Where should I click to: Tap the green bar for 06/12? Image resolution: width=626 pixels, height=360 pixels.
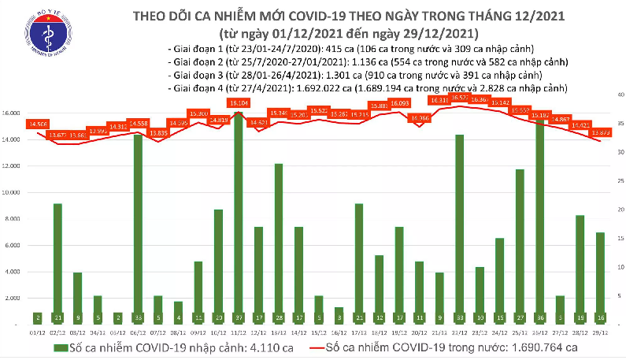pos(139,228)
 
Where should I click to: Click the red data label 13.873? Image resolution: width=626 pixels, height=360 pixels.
pos(601,132)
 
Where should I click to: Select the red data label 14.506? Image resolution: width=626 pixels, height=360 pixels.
pos(37,124)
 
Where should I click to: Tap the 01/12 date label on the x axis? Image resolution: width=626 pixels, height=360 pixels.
pos(36,332)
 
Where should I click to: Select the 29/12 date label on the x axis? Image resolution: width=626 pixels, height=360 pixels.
pos(599,332)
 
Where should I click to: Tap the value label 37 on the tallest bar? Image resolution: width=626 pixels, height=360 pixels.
pos(237,317)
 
